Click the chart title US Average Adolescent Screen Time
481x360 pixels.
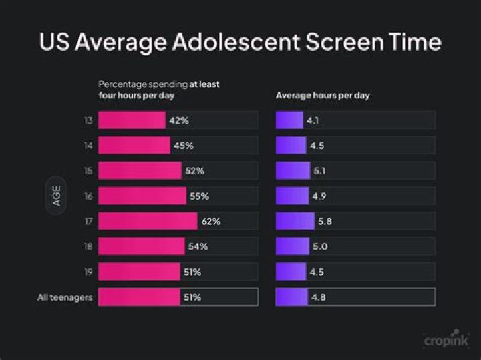[x=240, y=42]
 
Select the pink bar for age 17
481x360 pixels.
[x=148, y=221]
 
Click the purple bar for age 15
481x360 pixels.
[x=293, y=171]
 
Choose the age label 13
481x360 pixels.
[x=88, y=120]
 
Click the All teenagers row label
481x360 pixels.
[x=64, y=297]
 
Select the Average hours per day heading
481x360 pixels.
[x=323, y=95]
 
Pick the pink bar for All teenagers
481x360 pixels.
[x=139, y=297]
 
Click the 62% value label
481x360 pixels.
[x=211, y=221]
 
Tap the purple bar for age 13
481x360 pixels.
[x=289, y=120]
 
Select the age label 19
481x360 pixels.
[x=88, y=272]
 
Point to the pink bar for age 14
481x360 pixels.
[x=134, y=146]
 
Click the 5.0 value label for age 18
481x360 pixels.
[x=321, y=246]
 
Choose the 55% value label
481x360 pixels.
[x=199, y=196]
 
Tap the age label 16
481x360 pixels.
[x=88, y=196]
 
